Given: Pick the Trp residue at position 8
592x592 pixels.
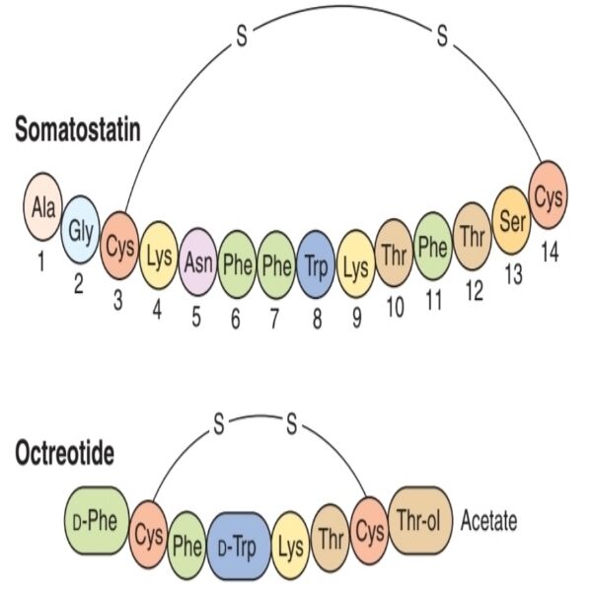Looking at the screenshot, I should click(x=315, y=264).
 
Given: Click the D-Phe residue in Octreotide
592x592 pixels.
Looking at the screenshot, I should click(x=104, y=521).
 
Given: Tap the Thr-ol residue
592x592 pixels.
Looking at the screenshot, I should click(x=420, y=519).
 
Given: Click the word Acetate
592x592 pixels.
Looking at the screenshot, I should click(x=488, y=521).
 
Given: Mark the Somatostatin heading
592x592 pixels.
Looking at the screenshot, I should click(x=78, y=129).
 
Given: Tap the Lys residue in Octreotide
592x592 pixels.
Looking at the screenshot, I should click(x=291, y=542).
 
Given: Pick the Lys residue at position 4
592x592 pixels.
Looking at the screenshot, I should click(x=159, y=256).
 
